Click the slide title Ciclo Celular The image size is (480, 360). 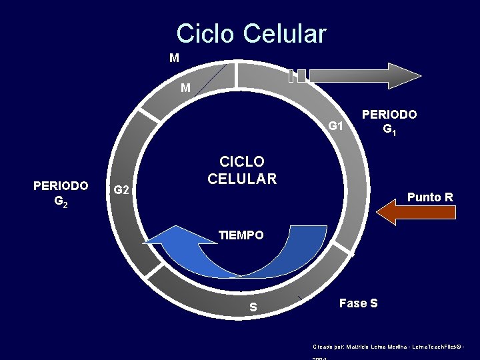(251, 33)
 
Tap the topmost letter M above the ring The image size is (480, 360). (174, 58)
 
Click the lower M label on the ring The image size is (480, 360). (185, 88)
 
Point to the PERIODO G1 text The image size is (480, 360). (389, 121)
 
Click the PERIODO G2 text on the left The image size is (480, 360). (61, 192)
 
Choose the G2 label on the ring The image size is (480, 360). (121, 191)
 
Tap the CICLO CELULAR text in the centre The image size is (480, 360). (242, 170)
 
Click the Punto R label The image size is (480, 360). (430, 197)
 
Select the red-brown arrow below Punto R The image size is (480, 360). (416, 212)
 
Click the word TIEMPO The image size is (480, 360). (241, 235)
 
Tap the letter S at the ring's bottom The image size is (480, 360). (253, 307)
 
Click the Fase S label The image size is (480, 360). (358, 303)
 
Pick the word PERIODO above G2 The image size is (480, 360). (61, 185)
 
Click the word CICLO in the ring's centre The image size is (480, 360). (242, 162)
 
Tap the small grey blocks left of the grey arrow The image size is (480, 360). (297, 76)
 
